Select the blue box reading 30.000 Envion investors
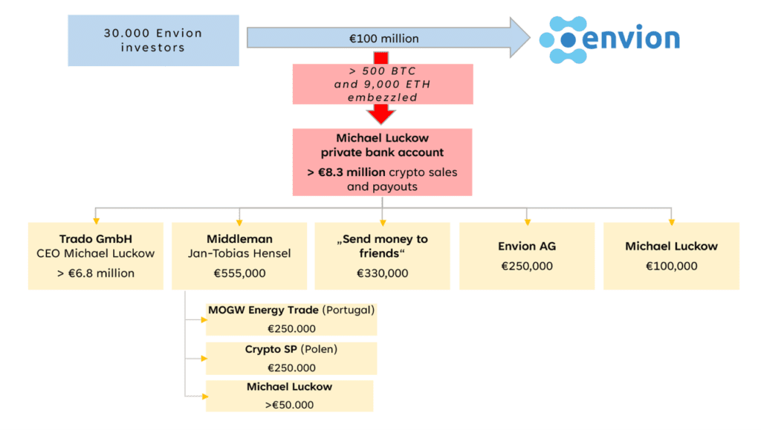153,40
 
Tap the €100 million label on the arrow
383,38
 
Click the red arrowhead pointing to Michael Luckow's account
382,114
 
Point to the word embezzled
382,97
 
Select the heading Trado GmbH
95,239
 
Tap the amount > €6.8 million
95,273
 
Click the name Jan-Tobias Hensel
239,253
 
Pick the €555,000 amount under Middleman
239,273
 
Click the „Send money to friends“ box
382,255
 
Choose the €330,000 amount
382,273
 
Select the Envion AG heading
526,247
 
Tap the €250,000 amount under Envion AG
526,266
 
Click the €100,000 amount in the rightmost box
671,266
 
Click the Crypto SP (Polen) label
290,349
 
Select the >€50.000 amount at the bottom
290,405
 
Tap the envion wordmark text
630,37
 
